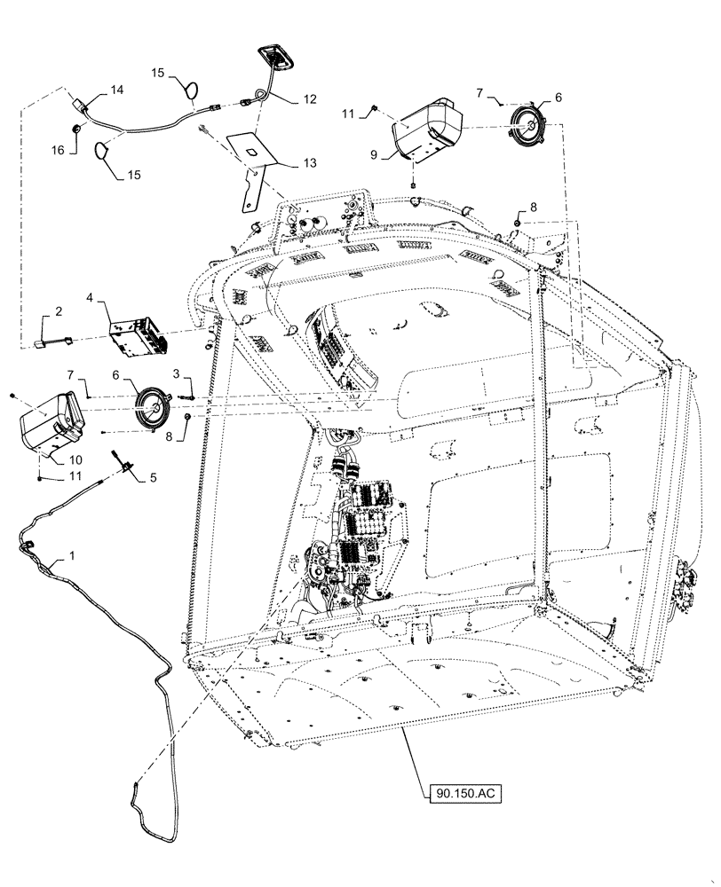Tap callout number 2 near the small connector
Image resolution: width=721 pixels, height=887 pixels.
[59, 311]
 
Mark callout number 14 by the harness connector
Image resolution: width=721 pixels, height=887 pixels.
[117, 90]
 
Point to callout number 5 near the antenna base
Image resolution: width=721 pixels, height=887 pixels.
[153, 477]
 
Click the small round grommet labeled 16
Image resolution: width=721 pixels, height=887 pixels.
[77, 130]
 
